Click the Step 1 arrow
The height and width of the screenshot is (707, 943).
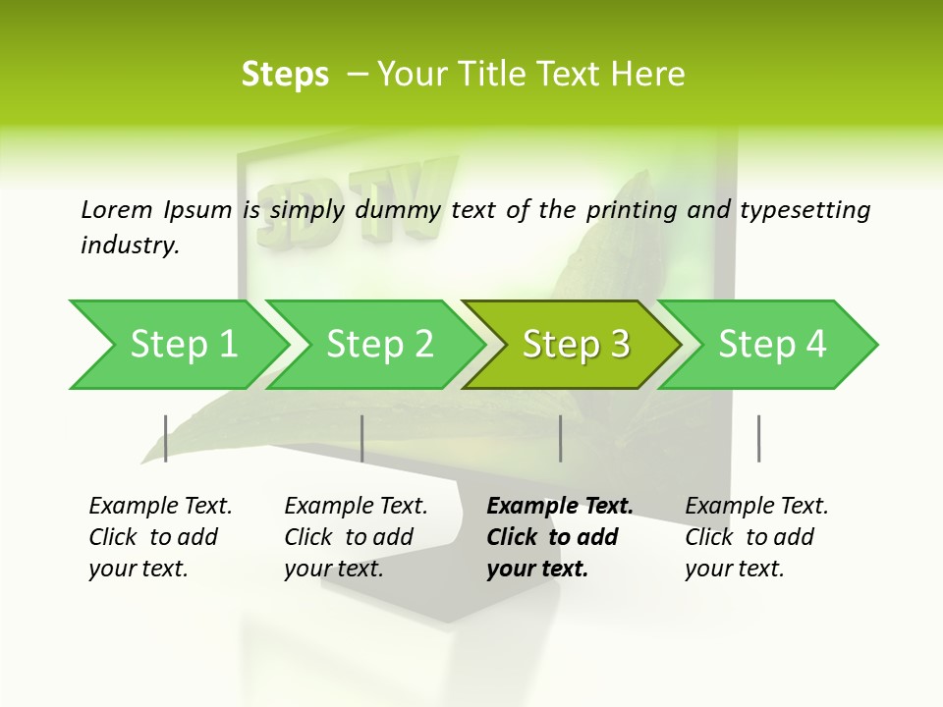pos(182,345)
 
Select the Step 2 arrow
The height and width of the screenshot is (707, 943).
pos(378,345)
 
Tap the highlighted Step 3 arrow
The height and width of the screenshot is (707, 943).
pos(575,345)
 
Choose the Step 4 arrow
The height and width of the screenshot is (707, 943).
pos(771,345)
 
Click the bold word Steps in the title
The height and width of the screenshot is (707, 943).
pos(285,75)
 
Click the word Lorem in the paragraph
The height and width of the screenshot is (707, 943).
pos(117,209)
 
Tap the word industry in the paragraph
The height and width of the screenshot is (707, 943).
pos(130,245)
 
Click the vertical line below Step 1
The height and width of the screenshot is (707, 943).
pos(166,438)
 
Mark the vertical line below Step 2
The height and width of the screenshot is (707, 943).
pos(362,438)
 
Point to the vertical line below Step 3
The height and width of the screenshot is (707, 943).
pos(561,438)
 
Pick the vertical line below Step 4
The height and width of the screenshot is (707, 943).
pos(759,438)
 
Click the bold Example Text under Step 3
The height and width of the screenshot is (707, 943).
pos(560,506)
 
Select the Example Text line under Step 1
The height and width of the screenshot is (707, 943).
pos(160,506)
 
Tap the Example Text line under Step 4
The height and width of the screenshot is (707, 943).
pos(756,506)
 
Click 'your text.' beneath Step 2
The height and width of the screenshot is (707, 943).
pos(334,569)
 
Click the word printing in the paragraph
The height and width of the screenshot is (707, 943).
pos(629,210)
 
